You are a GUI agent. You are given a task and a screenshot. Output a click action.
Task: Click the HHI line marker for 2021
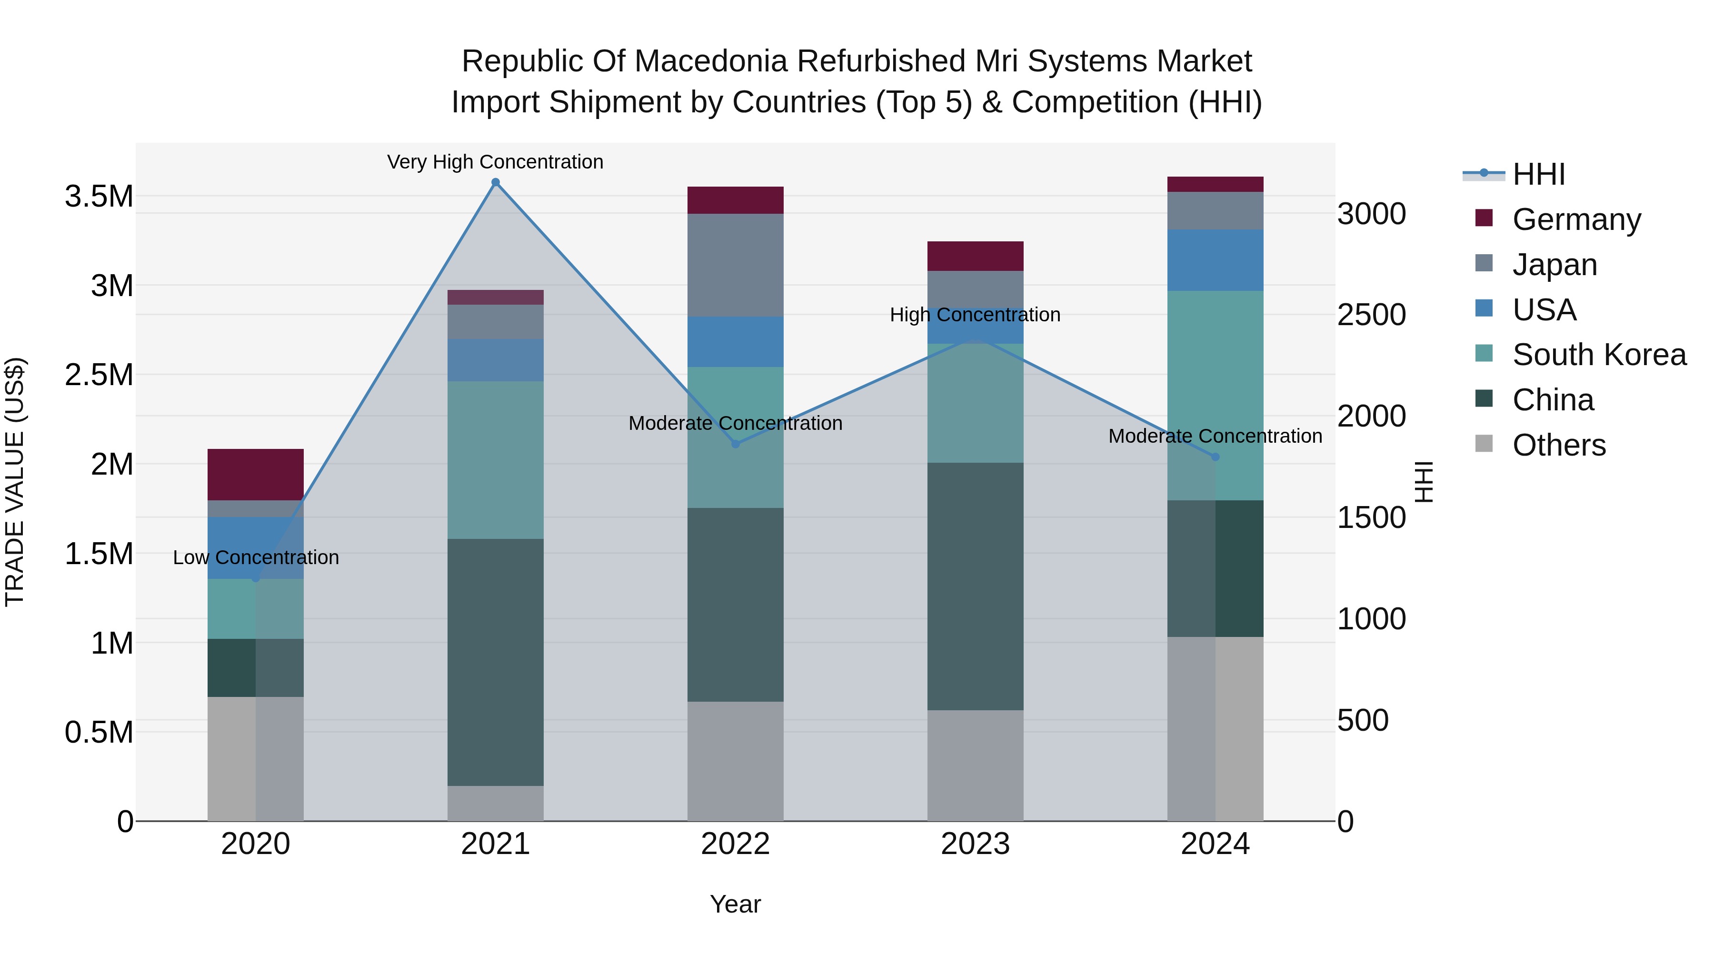tap(495, 182)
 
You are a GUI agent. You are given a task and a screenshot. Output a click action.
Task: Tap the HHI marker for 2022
tap(735, 444)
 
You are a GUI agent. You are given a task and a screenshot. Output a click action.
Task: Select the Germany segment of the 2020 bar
tap(256, 474)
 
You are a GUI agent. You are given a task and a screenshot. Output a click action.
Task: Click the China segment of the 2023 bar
tap(975, 586)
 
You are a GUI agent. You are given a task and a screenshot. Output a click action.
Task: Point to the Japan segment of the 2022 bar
tap(735, 265)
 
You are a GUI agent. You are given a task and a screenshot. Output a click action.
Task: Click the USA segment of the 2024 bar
tap(1215, 260)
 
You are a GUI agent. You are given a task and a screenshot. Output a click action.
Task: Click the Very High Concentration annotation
tap(495, 162)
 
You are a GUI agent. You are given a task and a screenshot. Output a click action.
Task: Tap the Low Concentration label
tap(256, 557)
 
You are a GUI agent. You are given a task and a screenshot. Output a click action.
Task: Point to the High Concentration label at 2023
tap(975, 315)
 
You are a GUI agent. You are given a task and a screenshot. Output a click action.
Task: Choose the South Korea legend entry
tap(1599, 355)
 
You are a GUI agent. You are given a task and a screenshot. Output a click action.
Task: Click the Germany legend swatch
tap(1484, 218)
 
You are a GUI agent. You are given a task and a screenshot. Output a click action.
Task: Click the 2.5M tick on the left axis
tap(99, 375)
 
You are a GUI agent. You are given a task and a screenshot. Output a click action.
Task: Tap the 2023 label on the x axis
tap(975, 844)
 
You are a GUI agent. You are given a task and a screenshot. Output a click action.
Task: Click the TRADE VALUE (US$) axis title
tap(15, 482)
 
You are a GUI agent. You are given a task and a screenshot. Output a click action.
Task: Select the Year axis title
tap(735, 904)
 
